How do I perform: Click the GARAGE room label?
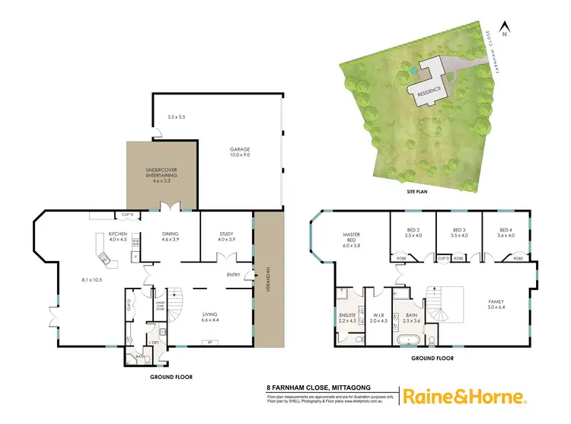[240, 150]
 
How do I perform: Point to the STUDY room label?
[226, 234]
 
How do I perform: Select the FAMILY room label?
[496, 302]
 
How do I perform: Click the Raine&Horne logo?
[464, 397]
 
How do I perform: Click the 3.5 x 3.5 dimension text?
[177, 116]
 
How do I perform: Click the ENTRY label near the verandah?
[234, 275]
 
